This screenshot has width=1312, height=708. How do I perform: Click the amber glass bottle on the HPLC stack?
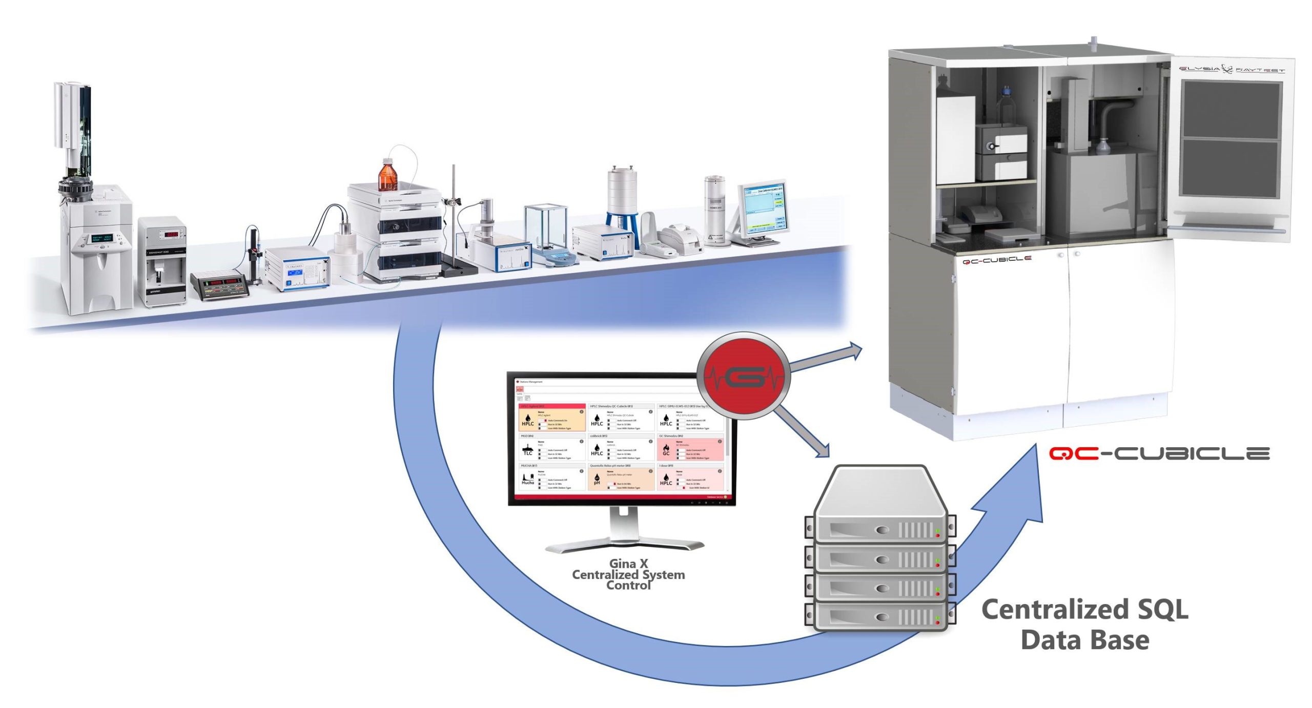pos(387,175)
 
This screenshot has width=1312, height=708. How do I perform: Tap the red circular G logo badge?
pos(744,377)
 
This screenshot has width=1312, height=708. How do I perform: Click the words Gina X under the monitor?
pos(628,564)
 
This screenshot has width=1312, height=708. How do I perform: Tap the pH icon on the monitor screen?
pos(597,480)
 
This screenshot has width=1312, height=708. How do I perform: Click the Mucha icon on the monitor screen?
pos(527,480)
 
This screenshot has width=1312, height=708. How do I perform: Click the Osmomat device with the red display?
pos(163,261)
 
